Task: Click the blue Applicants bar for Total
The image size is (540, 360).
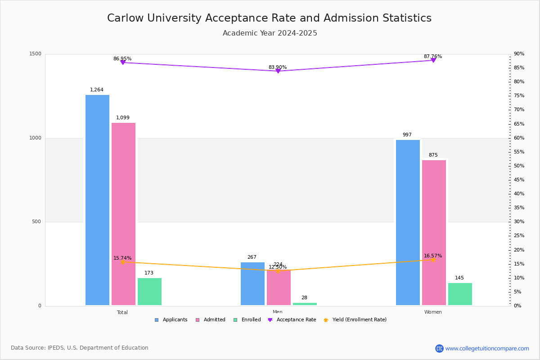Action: coord(97,200)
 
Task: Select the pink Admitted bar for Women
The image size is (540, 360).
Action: coord(434,233)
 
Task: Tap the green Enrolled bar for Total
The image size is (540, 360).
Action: coord(149,292)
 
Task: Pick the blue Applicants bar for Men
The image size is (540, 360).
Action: coord(252,283)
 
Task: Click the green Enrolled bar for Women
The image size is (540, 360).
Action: coord(460,294)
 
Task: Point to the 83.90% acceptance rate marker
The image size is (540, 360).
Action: coord(278,71)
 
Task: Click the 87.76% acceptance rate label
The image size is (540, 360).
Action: coord(432,57)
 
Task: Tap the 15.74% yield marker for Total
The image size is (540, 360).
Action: coord(122,262)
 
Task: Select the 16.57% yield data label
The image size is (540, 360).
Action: coord(432,256)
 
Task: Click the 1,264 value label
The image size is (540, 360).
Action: coord(97,90)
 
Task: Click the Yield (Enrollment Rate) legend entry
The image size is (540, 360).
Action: coord(359,320)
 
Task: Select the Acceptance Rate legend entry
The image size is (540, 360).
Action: coord(296,320)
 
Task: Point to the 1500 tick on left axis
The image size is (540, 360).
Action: coord(36,54)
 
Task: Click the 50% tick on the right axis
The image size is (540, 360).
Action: coord(519,166)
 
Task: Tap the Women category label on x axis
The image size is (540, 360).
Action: coord(432,312)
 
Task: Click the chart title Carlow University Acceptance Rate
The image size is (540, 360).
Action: coord(269,18)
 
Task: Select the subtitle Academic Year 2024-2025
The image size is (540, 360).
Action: coord(270,33)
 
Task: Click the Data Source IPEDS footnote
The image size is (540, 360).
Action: coord(80,348)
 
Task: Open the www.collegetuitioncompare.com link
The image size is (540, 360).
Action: coord(487,348)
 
